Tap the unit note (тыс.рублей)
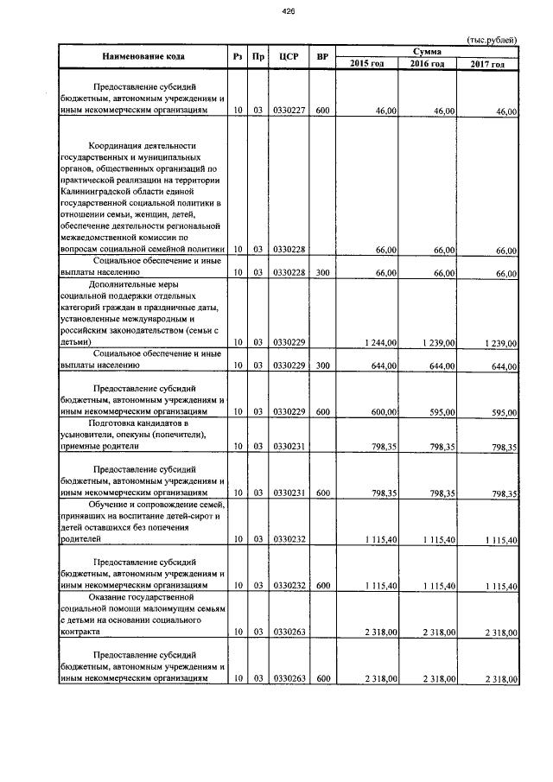(x=492, y=40)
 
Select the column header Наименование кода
(x=143, y=57)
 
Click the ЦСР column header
(x=289, y=57)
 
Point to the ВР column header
(x=322, y=57)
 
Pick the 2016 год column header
(x=428, y=64)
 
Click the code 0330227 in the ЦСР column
(x=289, y=111)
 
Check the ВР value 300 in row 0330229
(x=322, y=366)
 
